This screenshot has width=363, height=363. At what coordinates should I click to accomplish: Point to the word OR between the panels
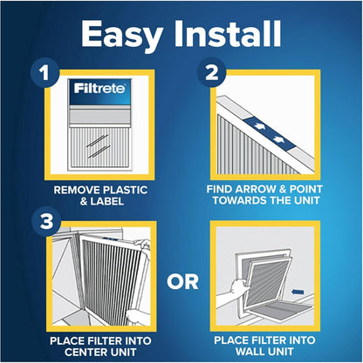click(x=181, y=281)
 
